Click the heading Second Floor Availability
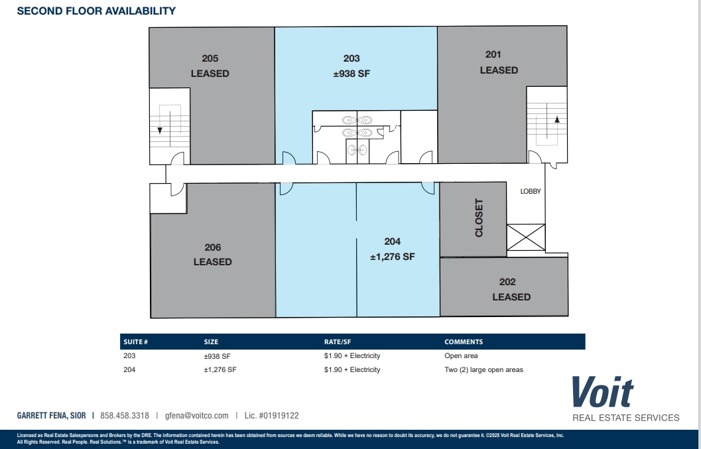coord(96,11)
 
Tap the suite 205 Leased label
coord(210,66)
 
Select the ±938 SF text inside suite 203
coord(351,74)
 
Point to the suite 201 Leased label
coord(499,62)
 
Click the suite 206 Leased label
coord(212,255)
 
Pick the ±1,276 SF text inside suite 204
coord(392,257)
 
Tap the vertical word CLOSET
coord(479,218)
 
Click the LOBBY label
coord(531,191)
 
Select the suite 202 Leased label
coord(511,289)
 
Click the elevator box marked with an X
coord(526,237)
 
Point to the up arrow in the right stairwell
coord(556,120)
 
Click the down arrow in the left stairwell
coord(160,129)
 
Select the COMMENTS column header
coord(464,342)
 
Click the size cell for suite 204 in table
coord(220,369)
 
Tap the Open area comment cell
coord(461,356)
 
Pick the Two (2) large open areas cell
coord(483,369)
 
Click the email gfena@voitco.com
coord(196,416)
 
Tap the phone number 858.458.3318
coord(125,416)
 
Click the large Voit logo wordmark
coord(602,392)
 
